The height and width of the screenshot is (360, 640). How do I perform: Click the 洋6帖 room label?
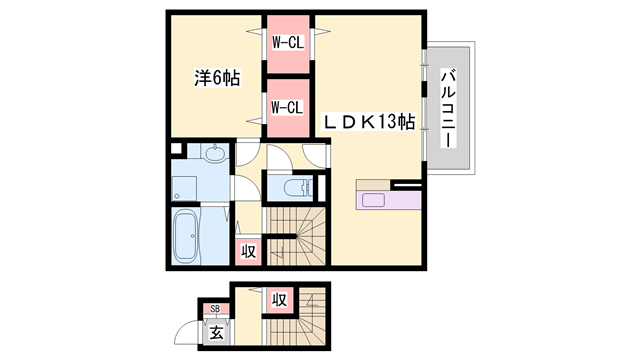coord(216,78)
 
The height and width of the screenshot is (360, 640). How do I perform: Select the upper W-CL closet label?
coord(288,42)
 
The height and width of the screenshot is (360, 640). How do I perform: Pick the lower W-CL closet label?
coord(288,107)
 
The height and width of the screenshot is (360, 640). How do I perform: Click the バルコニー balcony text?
coord(449,108)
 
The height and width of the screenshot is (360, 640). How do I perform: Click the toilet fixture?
coord(297,188)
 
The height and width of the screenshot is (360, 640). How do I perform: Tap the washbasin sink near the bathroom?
coord(213,154)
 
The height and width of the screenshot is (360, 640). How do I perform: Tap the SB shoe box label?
coord(214,310)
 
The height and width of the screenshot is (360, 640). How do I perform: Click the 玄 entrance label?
coord(217,333)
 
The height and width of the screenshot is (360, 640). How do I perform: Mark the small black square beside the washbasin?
coord(176,151)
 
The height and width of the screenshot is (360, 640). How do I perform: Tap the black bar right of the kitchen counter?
coord(408,184)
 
